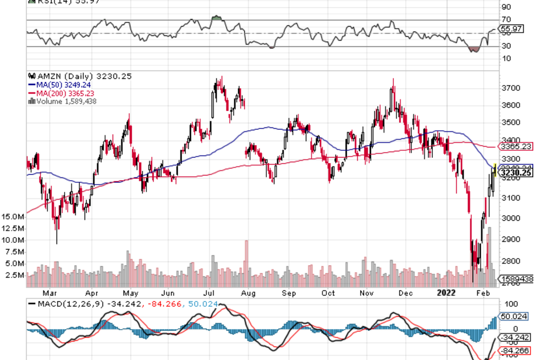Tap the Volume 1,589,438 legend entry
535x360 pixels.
[63, 101]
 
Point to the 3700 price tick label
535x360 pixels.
[509, 88]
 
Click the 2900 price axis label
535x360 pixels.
[509, 239]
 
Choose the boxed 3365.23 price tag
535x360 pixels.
[516, 146]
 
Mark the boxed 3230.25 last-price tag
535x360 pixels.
[516, 173]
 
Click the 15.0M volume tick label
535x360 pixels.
[12, 217]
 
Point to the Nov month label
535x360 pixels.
[366, 293]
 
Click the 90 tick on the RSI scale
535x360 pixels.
[505, 7]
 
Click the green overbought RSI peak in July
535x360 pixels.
[216, 18]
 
